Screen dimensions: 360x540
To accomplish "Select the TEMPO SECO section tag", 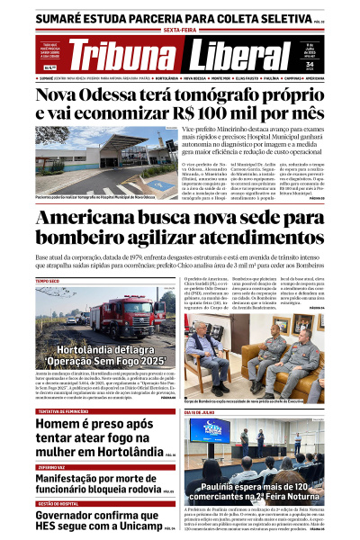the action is pos(49,282).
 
